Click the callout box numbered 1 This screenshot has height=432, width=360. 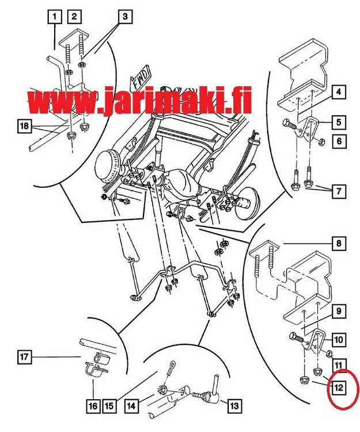(55, 17)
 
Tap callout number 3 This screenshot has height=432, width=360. (124, 17)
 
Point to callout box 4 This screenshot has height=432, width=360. (339, 92)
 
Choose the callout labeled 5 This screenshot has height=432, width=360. (339, 122)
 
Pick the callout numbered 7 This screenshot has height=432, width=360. (339, 191)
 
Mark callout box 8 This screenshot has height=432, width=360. (339, 244)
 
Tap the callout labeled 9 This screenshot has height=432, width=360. (339, 312)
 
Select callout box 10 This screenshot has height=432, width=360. (339, 340)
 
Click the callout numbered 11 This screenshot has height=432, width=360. (339, 364)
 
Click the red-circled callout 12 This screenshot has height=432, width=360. (339, 388)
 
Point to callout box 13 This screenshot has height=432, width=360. (234, 406)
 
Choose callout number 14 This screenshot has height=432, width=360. (131, 406)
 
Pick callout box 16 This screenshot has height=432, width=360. (92, 406)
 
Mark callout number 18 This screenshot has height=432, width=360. (23, 126)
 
